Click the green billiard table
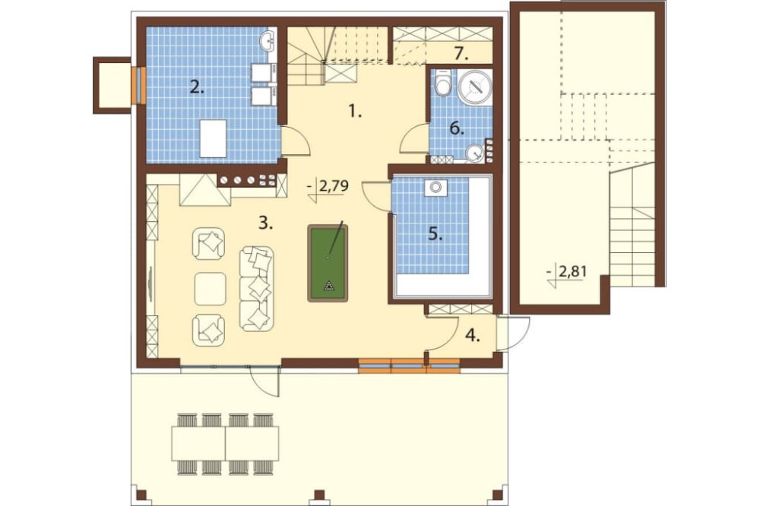coord(328,263)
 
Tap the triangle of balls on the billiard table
coord(330,286)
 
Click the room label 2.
coord(197,87)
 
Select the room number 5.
coord(435,234)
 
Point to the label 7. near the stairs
coord(461,54)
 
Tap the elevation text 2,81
coord(572,272)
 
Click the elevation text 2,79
coord(334,187)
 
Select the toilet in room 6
coord(442,83)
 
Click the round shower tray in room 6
coord(474,87)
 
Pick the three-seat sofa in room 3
coord(257,289)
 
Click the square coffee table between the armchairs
coord(210,289)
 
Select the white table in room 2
coord(213,138)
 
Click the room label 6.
coord(457,128)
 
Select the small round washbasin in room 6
coord(474,153)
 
